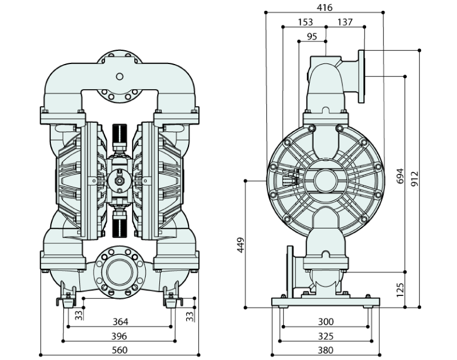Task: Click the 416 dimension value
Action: (325, 7)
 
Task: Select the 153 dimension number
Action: (306, 22)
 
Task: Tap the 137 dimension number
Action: (345, 22)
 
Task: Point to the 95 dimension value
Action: (312, 37)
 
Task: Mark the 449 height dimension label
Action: (240, 245)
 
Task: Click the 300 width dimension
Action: (326, 321)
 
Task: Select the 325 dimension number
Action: (326, 336)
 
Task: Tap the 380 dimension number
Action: (326, 350)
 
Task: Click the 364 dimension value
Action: (119, 321)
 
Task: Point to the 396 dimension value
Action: (119, 336)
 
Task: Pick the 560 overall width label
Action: (119, 350)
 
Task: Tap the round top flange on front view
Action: (119, 76)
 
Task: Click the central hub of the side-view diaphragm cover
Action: (325, 179)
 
